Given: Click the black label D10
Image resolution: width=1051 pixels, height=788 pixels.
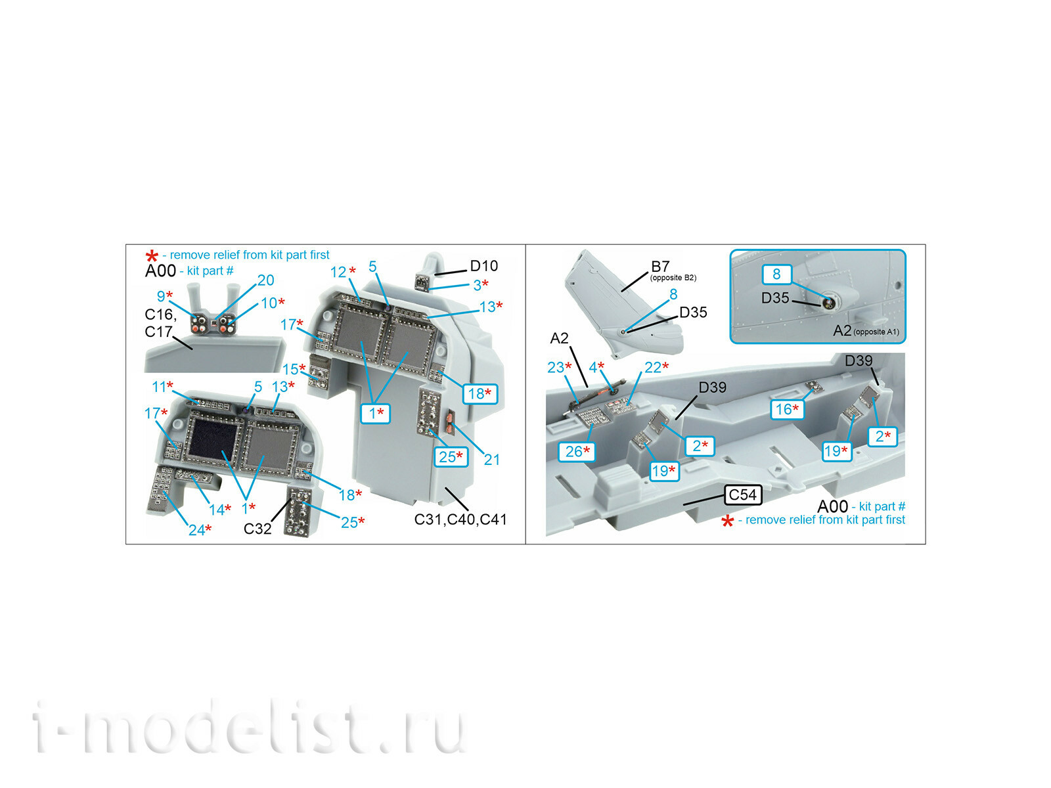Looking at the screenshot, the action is (483, 265).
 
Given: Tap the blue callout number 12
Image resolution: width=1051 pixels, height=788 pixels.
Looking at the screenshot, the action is (338, 272).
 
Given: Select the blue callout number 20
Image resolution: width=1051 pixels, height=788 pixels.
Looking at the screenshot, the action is (266, 280).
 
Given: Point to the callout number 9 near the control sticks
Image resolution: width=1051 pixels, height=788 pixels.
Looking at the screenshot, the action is (162, 296).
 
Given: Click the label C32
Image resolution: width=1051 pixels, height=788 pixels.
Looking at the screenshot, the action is (257, 529).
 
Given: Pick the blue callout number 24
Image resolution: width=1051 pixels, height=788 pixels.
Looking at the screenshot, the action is (197, 530).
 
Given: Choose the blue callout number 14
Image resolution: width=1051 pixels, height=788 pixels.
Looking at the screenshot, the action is (216, 510).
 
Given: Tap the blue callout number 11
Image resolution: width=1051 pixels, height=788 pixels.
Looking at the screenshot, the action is (159, 387).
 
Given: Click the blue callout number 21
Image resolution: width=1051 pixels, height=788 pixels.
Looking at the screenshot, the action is (492, 459).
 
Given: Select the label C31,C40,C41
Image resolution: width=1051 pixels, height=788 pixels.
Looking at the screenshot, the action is (460, 519).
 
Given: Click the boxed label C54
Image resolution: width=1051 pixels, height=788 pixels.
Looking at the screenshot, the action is (743, 494).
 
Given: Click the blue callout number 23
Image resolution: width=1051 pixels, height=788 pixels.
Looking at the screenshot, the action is (556, 368).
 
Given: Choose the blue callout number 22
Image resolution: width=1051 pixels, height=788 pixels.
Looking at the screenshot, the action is (653, 368).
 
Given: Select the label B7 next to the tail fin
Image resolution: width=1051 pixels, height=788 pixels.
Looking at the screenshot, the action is (660, 267).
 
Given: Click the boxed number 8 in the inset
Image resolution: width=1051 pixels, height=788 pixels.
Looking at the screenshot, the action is (776, 274).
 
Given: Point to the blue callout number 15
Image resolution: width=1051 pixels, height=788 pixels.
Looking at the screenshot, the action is (290, 369).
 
